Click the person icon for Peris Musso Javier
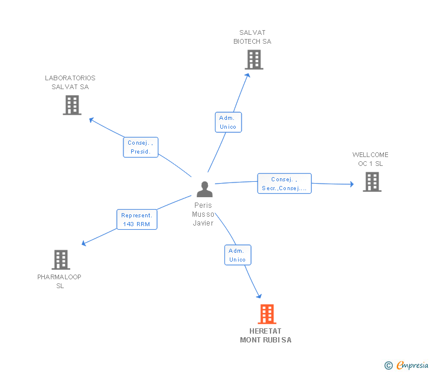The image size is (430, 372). tap(204, 189)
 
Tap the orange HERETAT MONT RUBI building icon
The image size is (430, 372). tap(267, 314)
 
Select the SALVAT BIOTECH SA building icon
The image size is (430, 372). tap(254, 60)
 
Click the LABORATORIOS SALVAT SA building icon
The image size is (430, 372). tap(72, 105)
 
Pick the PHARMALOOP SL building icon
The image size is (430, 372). tap(61, 260)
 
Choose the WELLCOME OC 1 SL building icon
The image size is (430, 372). tap(372, 182)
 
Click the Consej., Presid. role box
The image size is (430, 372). tap(141, 147)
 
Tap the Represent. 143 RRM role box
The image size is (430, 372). tap(137, 219)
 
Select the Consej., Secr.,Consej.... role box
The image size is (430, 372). tap(284, 184)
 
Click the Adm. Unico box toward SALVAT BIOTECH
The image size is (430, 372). tap(228, 122)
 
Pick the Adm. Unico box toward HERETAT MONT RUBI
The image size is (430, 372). tap(238, 255)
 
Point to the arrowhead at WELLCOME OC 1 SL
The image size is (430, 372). tap(352, 184)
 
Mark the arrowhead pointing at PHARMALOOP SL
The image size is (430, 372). tap(84, 243)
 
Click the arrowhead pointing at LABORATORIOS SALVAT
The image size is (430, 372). tap(92, 120)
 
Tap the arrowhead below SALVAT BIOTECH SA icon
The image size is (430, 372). tap(247, 76)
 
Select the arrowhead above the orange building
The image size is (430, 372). tap(259, 296)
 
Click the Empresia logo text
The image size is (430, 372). tap(412, 365)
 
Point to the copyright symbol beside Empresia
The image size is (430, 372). tap(389, 366)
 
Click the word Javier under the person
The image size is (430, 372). tap(203, 223)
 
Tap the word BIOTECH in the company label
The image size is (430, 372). tap(246, 41)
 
